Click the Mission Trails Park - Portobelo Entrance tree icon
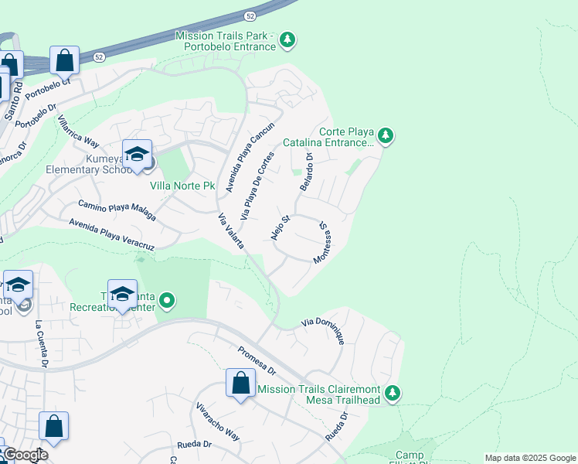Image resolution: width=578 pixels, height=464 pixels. tap(287, 39)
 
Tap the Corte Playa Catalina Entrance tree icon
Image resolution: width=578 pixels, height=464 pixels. tap(386, 137)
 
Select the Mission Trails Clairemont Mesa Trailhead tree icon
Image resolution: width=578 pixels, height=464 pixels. tap(393, 393)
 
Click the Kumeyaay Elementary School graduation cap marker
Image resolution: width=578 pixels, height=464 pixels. tap(137, 155)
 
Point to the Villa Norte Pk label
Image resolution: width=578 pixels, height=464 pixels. tap(182, 186)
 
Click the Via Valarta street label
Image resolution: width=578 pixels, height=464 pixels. tap(231, 230)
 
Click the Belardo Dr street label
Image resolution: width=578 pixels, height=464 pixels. tap(306, 172)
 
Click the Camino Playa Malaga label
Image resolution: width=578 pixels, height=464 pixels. tap(117, 210)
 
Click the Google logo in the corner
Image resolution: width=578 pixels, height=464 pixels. tap(25, 455)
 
